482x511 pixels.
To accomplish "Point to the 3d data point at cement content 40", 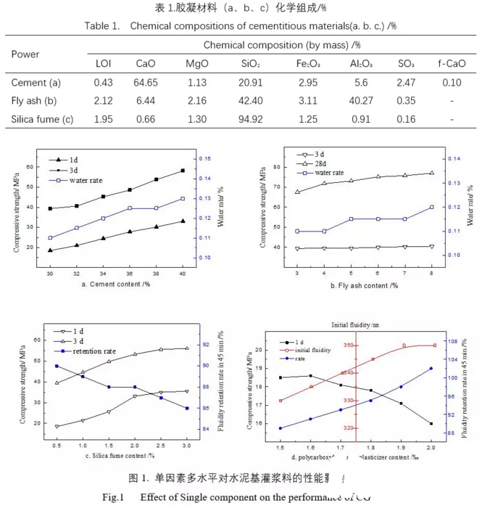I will pyautogui.click(x=182, y=171).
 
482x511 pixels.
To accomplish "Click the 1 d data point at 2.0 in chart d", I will pyautogui.click(x=431, y=424).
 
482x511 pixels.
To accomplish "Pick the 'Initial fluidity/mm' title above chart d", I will pyautogui.click(x=355, y=324).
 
